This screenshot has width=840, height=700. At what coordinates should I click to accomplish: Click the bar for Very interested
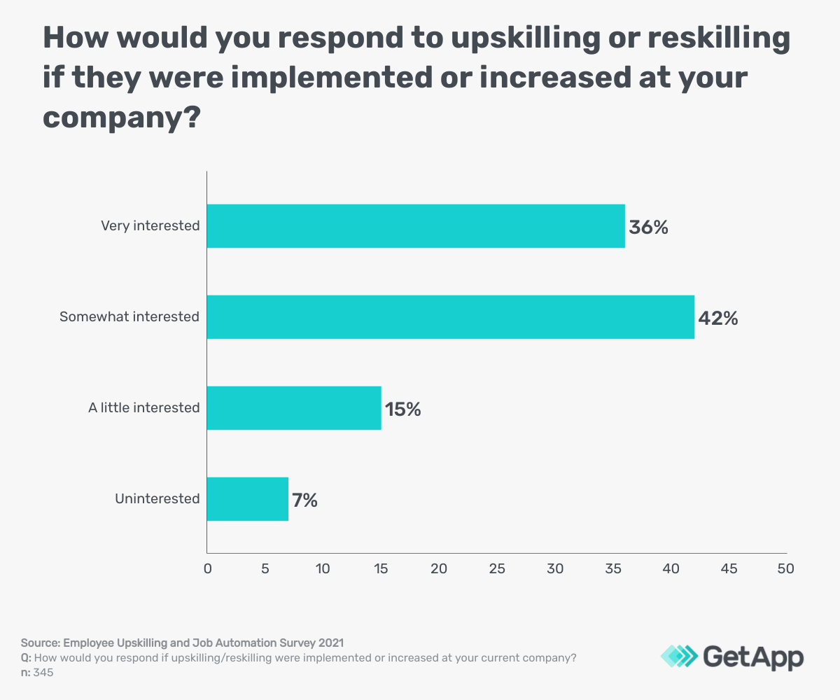[416, 226]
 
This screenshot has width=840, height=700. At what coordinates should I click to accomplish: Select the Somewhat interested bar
[451, 317]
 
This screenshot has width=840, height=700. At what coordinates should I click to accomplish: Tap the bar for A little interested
[294, 408]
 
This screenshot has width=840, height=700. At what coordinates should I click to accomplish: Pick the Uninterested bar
[248, 499]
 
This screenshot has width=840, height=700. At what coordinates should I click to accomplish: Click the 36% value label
[648, 227]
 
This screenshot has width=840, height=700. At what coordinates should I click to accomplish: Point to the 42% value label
[718, 318]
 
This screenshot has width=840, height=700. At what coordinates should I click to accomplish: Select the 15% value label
[403, 409]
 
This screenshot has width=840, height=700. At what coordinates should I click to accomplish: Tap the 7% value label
[305, 500]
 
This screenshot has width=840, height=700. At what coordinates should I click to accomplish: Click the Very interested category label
[150, 226]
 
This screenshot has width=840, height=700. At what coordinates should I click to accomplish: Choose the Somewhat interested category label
[129, 317]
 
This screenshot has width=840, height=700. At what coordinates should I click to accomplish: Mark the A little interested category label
[144, 408]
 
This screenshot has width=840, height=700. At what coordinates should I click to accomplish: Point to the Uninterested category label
[157, 499]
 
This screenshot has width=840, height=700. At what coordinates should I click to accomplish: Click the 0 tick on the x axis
[207, 569]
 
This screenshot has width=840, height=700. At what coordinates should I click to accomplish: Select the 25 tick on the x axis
[497, 569]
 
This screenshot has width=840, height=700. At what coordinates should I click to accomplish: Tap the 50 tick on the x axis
[786, 569]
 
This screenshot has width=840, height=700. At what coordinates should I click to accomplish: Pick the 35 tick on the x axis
[612, 569]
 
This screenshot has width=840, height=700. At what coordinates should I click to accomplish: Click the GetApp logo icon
[679, 656]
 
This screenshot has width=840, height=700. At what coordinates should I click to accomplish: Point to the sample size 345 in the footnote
[43, 673]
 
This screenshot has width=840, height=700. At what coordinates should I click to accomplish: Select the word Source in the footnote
[39, 642]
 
